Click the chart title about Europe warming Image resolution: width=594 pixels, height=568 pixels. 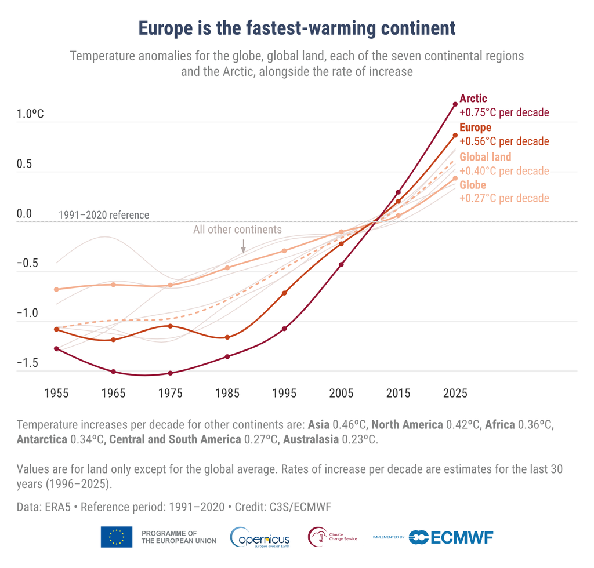coord(296,28)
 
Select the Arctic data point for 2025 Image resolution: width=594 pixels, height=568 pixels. coord(455,104)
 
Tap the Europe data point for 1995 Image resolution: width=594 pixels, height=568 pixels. coord(284,293)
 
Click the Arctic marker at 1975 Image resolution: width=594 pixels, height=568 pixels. coord(170,373)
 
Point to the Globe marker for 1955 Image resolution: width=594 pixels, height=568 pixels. coord(56,289)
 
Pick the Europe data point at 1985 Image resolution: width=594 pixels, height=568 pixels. coord(227,337)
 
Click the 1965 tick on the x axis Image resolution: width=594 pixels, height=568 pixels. coord(113,394)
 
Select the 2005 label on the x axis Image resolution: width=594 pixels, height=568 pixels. coord(341,394)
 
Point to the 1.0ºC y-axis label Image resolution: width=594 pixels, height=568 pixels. coord(30,114)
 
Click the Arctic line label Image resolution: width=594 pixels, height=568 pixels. coord(473,99)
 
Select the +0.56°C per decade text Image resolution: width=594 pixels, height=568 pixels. coord(504,141)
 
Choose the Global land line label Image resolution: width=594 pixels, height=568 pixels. coord(485,157)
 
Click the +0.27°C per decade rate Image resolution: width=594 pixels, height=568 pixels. coord(504,199)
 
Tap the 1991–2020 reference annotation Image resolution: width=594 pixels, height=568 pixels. coord(104,215)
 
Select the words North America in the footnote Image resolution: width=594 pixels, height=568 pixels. coord(407,425)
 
